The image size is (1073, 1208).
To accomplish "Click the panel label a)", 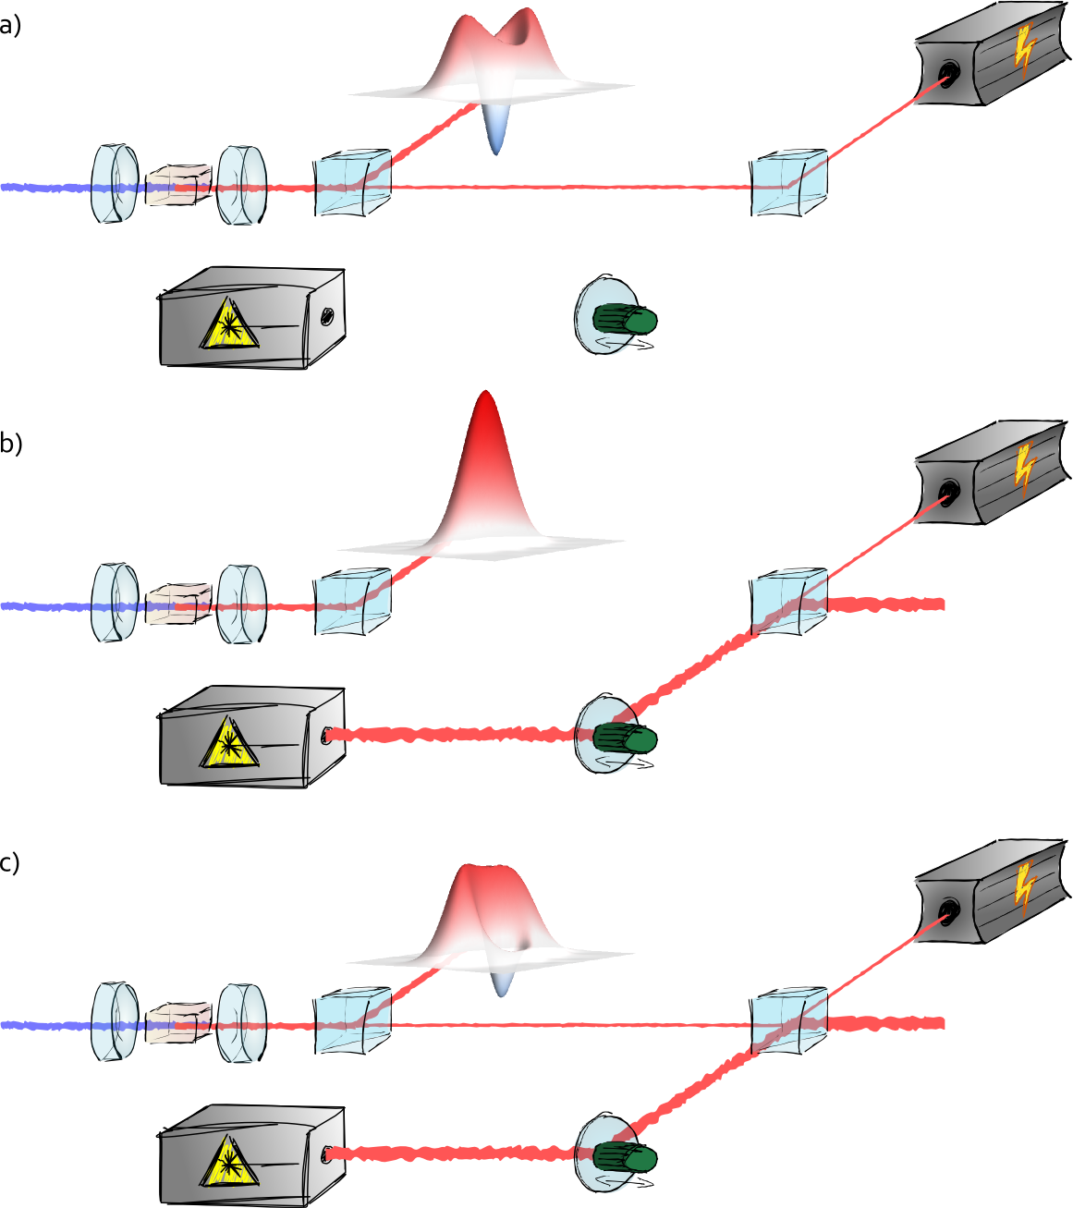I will [10, 25].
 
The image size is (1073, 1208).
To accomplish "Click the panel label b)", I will [11, 444].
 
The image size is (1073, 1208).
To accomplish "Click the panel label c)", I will [10, 862].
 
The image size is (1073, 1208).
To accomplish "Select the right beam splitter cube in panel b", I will [788, 602].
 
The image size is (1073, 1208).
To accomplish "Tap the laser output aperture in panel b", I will [326, 736].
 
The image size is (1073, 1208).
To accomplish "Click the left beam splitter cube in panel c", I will [352, 1020].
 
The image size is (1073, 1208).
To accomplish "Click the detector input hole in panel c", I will [948, 910].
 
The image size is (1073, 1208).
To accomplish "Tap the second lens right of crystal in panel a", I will [242, 185].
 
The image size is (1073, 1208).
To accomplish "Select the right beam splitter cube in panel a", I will [788, 183].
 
